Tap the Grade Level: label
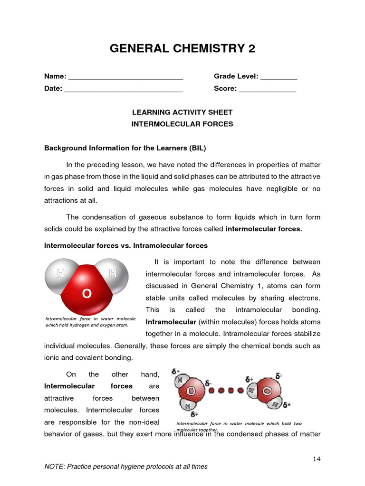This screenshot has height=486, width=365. [x=236, y=76]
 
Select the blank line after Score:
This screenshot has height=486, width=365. [x=267, y=89]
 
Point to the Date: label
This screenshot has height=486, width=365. [x=53, y=88]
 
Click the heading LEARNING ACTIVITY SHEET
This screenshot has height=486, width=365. [x=182, y=112]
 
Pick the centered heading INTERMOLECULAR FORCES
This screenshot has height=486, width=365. [x=182, y=124]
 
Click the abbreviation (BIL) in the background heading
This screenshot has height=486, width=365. [x=197, y=148]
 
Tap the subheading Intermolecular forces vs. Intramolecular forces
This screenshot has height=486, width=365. [x=125, y=246]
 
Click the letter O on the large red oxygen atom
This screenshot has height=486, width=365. [x=86, y=294]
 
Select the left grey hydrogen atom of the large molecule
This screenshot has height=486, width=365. [x=60, y=274]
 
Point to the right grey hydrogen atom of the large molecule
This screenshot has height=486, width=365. [x=113, y=274]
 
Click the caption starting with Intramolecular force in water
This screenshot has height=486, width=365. [x=90, y=322]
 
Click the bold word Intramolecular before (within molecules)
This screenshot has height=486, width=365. [x=167, y=322]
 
